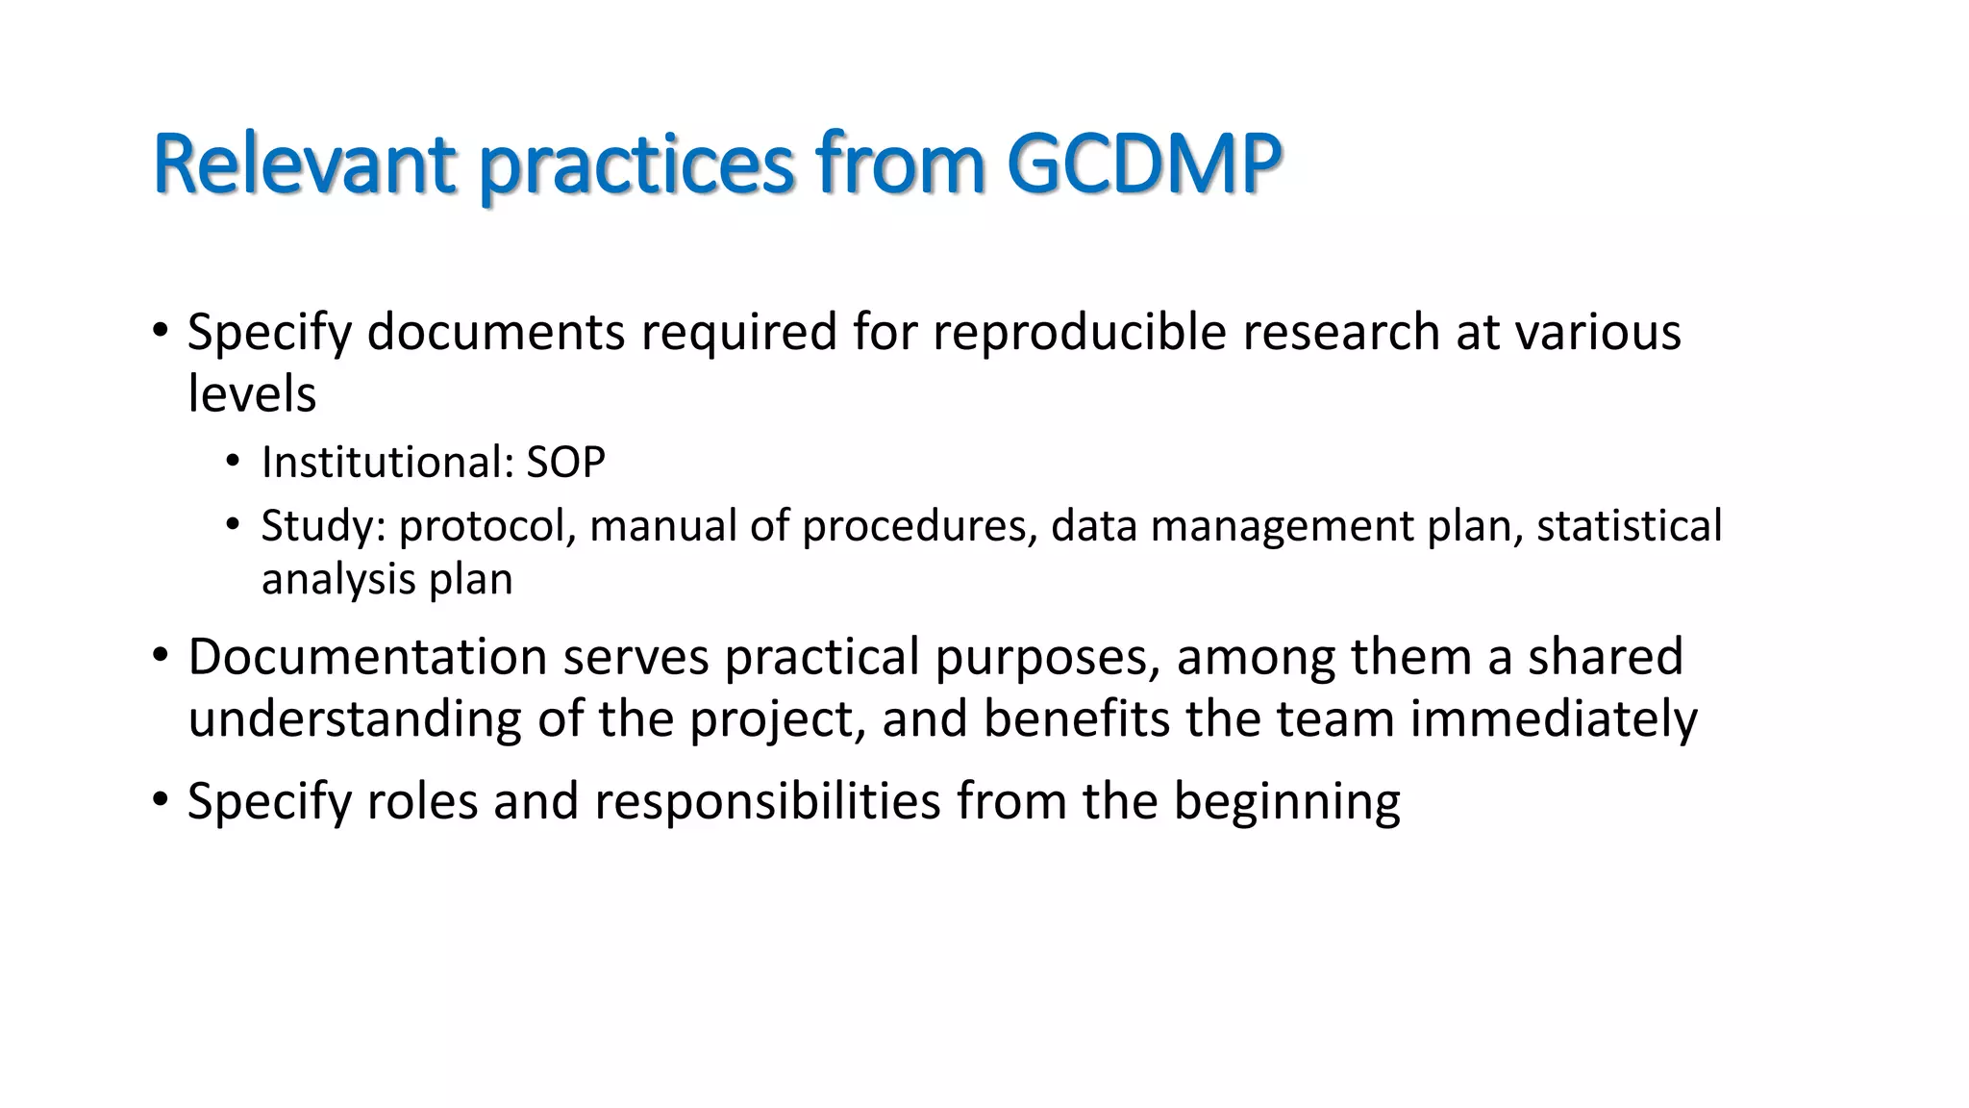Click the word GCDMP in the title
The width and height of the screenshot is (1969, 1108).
[x=1144, y=164]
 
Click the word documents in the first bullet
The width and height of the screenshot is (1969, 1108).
[x=496, y=332]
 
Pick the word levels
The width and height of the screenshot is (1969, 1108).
[x=252, y=394]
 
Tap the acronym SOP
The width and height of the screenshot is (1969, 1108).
[x=565, y=463]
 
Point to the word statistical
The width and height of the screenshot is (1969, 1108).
[x=1629, y=526]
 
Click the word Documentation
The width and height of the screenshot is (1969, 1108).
[x=367, y=657]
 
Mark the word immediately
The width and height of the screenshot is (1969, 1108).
[x=1553, y=719]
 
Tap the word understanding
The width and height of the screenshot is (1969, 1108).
[x=355, y=719]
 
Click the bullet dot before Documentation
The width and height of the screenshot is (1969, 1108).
[x=160, y=657]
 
